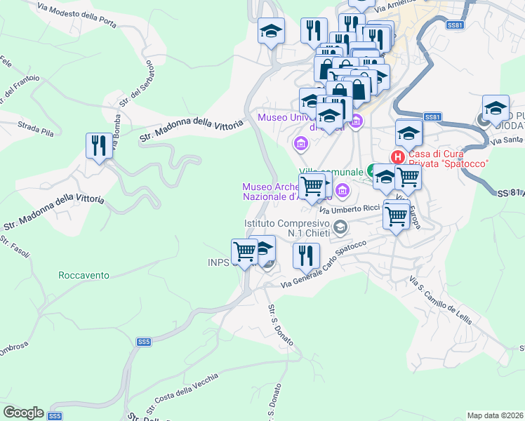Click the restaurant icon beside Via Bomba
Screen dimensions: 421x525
point(98,146)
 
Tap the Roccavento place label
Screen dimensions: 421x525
point(84,276)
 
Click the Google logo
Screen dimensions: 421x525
point(23,412)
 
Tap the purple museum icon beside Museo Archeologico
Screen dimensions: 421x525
point(343,189)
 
